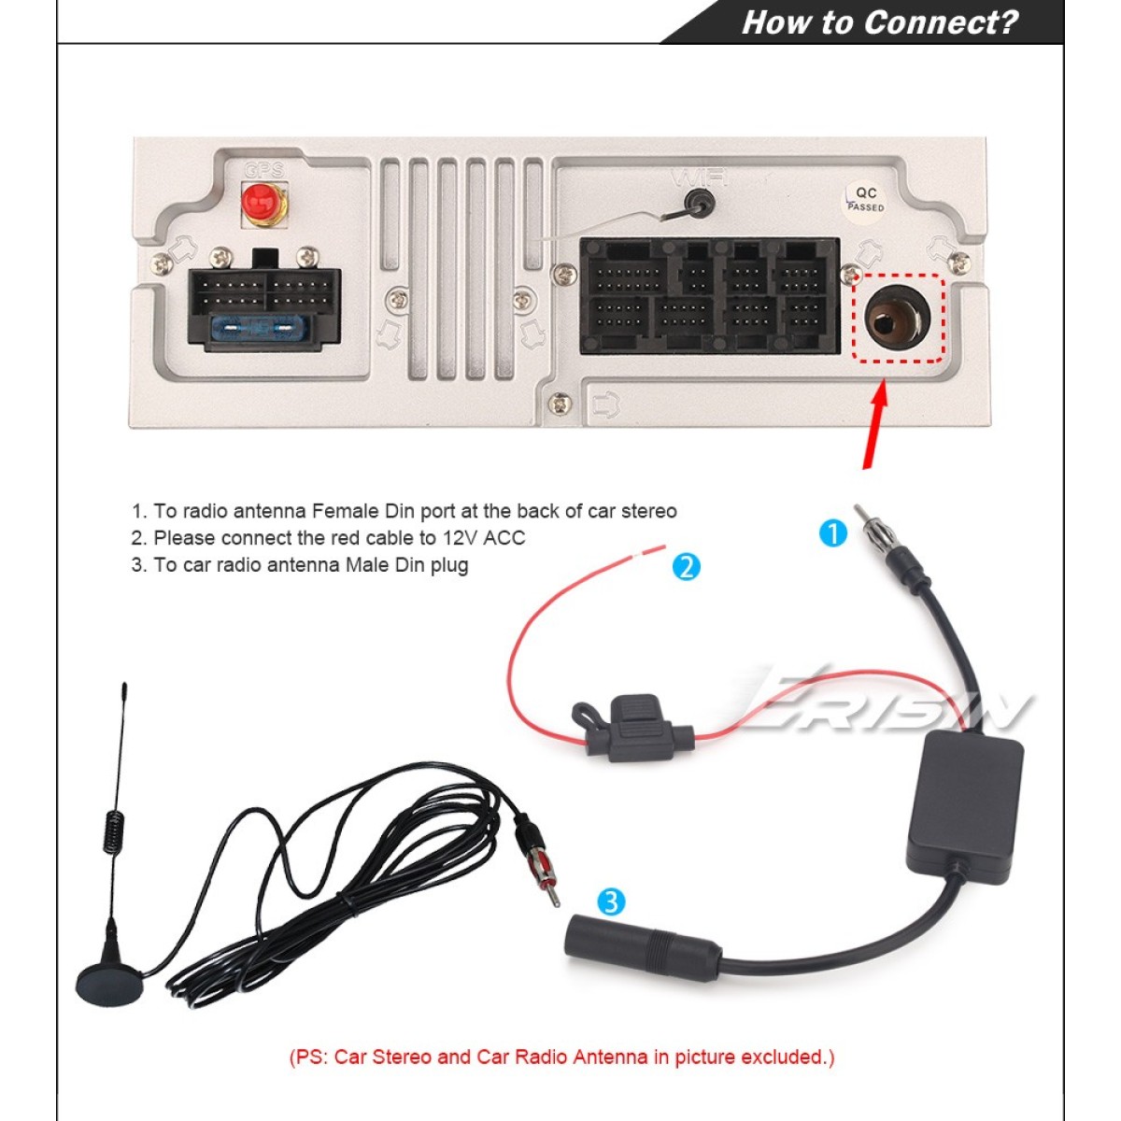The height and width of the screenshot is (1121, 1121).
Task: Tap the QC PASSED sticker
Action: (x=865, y=199)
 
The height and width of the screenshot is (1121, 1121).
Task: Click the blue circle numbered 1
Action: (x=832, y=533)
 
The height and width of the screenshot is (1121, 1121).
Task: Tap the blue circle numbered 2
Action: (x=686, y=566)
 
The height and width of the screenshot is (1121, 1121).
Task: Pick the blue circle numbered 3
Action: (x=611, y=902)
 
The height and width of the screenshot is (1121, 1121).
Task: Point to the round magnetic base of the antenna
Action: (x=109, y=985)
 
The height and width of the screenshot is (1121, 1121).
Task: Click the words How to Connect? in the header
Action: (x=879, y=22)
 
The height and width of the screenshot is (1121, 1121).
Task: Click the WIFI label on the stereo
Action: (x=700, y=177)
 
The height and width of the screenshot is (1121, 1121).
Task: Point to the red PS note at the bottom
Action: (x=561, y=1057)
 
